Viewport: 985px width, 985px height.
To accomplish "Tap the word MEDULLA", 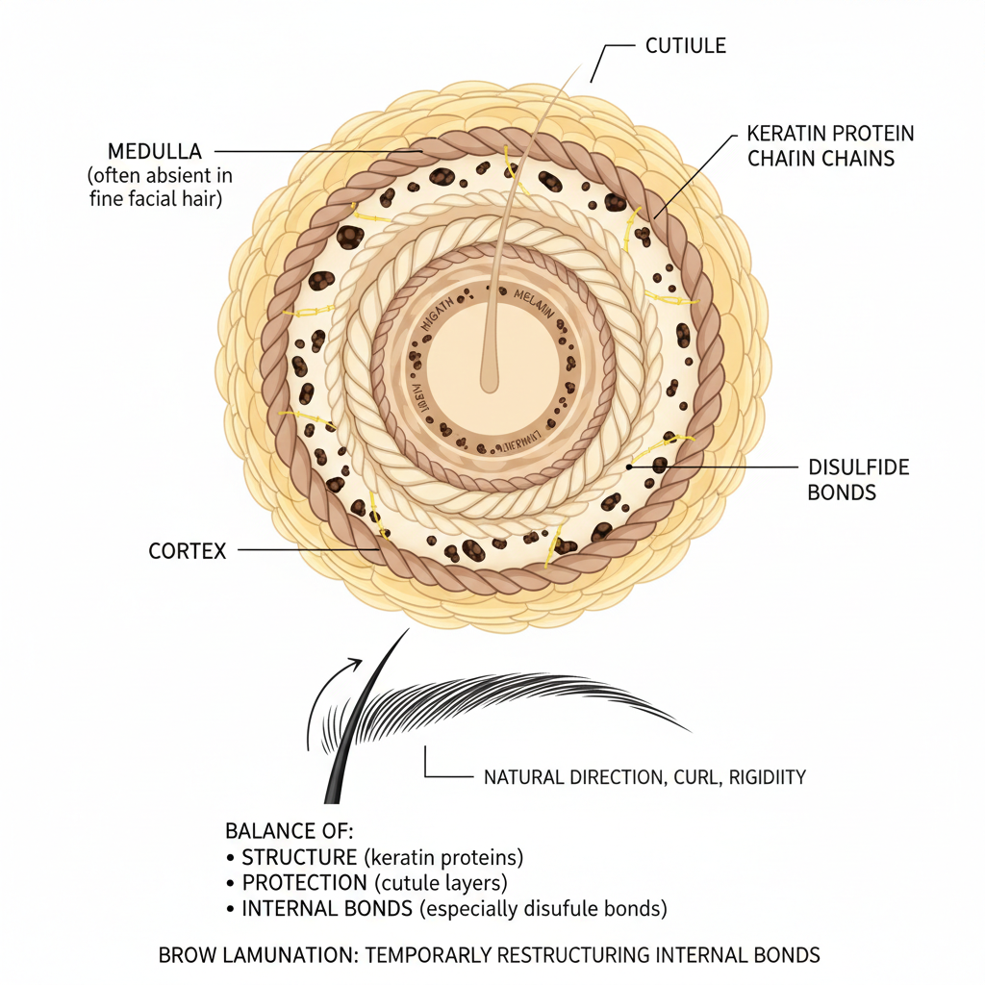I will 155,152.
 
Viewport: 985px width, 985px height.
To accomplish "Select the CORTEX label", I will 188,551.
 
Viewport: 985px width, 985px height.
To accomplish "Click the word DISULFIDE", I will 858,467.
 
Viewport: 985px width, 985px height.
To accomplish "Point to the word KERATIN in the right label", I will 788,133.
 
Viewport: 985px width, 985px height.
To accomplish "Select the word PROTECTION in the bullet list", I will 304,882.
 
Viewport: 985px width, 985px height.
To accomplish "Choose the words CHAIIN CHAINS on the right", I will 821,158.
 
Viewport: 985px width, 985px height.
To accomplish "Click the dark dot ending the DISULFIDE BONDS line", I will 629,466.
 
